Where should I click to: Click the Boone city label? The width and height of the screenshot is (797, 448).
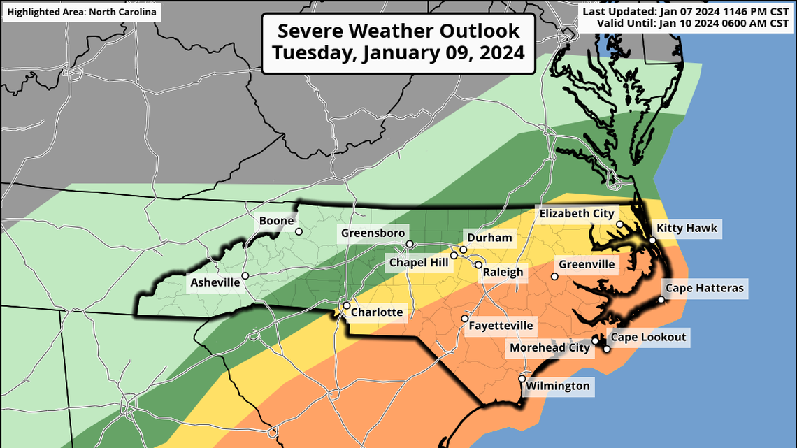point(276,221)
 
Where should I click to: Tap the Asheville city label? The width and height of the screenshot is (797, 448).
point(215,283)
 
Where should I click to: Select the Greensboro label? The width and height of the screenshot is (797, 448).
point(373,233)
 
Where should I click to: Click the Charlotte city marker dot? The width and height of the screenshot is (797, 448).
point(346,305)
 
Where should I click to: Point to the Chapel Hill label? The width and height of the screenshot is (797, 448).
point(419,262)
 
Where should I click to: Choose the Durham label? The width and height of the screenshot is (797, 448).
point(489,238)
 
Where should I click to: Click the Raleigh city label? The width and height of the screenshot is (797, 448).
point(503,273)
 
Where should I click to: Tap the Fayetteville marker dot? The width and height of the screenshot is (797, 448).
point(464,319)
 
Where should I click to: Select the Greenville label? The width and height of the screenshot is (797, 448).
point(586,264)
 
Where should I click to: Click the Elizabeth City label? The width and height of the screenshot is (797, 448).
point(576,214)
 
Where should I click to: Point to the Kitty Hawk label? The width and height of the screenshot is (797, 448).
point(686,228)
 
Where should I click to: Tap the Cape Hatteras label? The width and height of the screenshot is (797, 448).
point(705,288)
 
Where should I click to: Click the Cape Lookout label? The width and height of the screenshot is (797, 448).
point(648,338)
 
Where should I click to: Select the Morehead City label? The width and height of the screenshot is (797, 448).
point(549,347)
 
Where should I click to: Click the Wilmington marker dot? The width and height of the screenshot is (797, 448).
point(522,379)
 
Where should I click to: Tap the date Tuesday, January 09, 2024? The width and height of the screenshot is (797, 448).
point(398,52)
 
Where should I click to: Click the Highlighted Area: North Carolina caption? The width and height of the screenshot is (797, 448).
point(82,12)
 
